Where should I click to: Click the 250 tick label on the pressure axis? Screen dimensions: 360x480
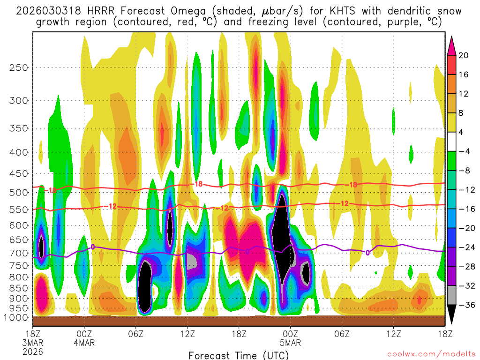coord(18,67)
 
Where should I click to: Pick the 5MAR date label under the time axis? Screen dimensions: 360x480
coord(291,343)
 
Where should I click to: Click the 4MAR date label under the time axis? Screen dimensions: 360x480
coord(84,343)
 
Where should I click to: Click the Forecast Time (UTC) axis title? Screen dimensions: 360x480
coord(239,355)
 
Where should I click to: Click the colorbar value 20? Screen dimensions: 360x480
coord(464,55)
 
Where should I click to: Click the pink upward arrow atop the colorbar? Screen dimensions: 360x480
coord(452,45)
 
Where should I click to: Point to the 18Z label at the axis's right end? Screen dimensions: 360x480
coord(445,334)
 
